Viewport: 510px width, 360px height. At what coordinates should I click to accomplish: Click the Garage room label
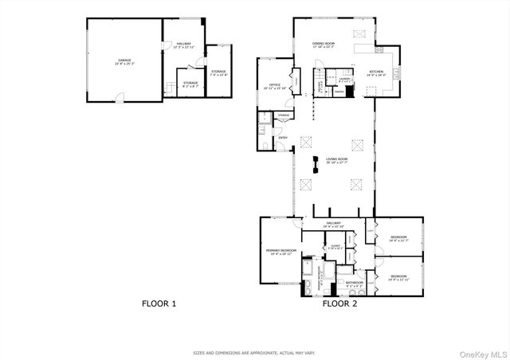coord(124,61)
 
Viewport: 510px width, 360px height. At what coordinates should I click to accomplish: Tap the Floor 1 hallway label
coord(184,46)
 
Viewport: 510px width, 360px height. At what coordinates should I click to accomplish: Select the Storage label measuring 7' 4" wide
coord(218,73)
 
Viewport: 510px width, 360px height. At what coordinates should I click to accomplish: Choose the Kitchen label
coord(375,74)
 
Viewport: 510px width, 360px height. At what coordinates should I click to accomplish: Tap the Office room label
coord(273,85)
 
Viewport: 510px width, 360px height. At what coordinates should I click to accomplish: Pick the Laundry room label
coord(345,80)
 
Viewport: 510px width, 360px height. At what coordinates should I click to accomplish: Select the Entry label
coord(283,138)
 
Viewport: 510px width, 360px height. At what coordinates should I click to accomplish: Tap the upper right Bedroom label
coord(398,238)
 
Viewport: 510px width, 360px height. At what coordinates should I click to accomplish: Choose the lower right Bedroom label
coord(398,278)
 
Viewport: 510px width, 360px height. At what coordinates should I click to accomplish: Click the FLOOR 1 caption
coord(159,303)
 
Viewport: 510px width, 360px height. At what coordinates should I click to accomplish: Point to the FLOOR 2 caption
coord(339,303)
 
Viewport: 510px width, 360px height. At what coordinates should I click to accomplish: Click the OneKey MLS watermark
coord(481,352)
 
